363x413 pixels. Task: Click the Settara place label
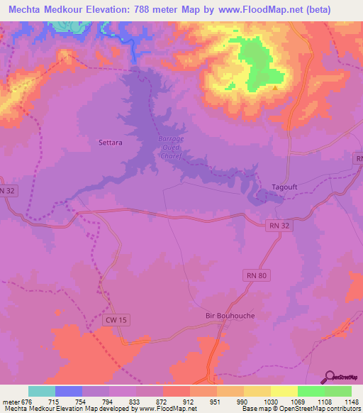coord(110,143)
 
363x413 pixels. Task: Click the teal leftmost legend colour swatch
coord(42,391)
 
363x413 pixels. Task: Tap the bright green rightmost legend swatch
coord(337,391)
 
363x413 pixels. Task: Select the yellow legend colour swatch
coord(284,391)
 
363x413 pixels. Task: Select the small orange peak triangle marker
coord(274,88)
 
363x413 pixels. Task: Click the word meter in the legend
coord(10,401)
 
